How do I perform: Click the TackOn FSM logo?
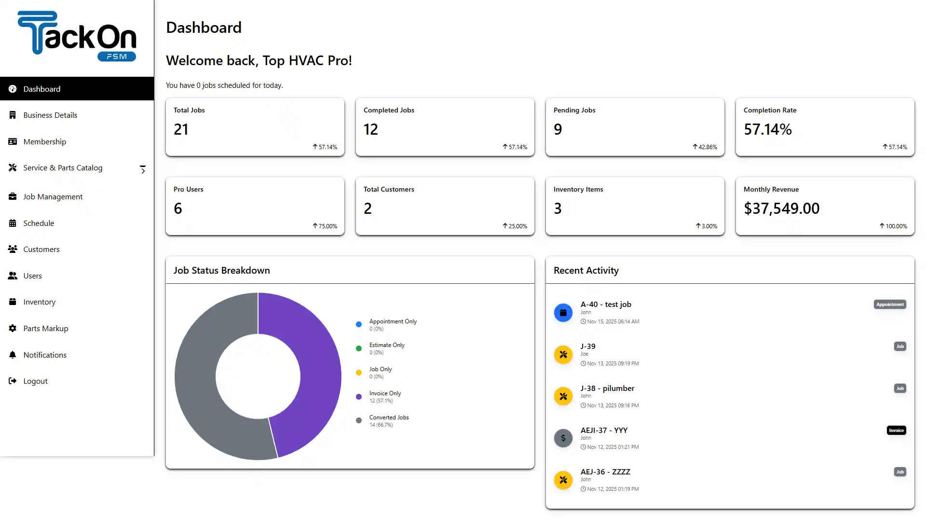coord(77,36)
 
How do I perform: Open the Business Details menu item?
coord(50,115)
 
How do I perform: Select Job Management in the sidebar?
coord(53,197)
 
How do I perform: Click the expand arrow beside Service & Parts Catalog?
coord(143,169)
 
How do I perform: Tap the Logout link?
coord(35,381)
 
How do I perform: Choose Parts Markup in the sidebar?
coord(45,329)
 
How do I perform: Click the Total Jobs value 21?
coord(181,129)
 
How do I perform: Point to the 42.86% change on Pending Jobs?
coord(707,147)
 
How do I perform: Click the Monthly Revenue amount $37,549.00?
coord(781,208)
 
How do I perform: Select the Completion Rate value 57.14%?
coord(767,129)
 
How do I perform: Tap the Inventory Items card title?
coord(578,190)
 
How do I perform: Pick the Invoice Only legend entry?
coord(384,394)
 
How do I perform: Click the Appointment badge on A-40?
coord(889,305)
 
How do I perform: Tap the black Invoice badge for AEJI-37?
coord(896,431)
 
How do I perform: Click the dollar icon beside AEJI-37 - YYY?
coord(563,438)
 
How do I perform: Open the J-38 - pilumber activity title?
coord(607,389)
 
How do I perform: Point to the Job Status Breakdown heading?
coord(221,271)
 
